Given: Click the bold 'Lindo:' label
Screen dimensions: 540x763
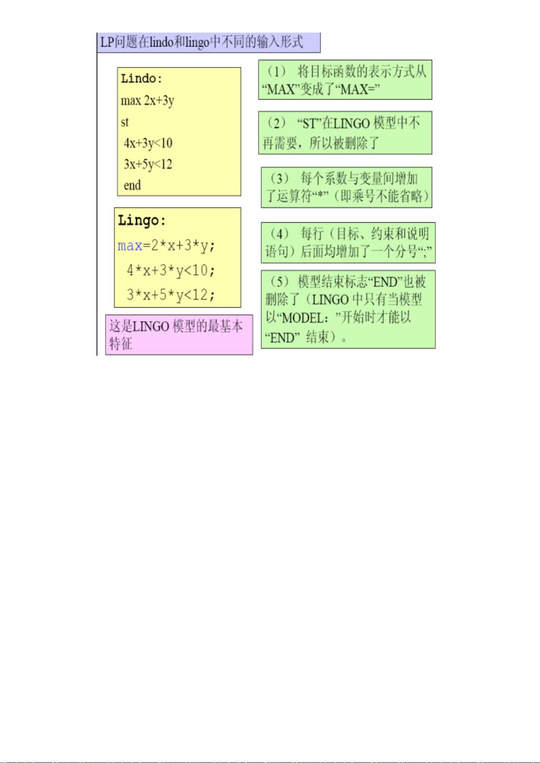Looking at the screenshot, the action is click(x=141, y=79).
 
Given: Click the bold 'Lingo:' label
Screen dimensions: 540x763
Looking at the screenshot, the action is click(x=141, y=220).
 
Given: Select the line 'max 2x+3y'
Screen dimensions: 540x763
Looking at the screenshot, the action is click(x=147, y=101).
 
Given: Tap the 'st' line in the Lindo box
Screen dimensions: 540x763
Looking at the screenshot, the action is click(x=125, y=122).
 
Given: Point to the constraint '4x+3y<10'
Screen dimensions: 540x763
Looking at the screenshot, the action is click(x=148, y=143).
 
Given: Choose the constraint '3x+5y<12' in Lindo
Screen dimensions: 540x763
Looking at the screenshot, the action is click(x=148, y=165).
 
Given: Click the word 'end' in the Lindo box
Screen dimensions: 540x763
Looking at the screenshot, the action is click(x=132, y=185).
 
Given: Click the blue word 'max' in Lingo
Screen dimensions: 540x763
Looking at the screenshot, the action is click(x=130, y=246).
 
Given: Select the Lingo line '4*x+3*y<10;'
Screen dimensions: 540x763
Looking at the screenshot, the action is click(x=171, y=271).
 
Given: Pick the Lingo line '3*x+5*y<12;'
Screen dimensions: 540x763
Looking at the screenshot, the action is click(x=171, y=295).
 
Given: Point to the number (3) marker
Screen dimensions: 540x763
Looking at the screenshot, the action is click(x=279, y=178).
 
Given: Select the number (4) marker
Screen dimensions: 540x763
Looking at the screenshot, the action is click(x=279, y=234).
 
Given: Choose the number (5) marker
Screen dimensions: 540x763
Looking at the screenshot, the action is click(x=279, y=281).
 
